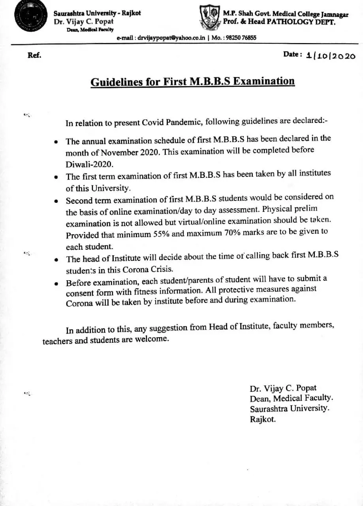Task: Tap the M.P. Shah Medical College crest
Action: pyautogui.click(x=209, y=18)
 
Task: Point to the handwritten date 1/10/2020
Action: pyautogui.click(x=331, y=56)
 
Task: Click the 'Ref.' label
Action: pyautogui.click(x=34, y=55)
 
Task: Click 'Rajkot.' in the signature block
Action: pyautogui.click(x=263, y=419)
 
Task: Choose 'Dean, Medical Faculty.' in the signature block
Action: pyautogui.click(x=291, y=398)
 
